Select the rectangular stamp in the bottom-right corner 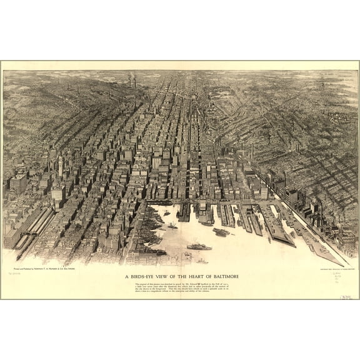pos(346,294)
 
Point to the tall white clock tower pos(61,166)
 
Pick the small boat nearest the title pos(202,261)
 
